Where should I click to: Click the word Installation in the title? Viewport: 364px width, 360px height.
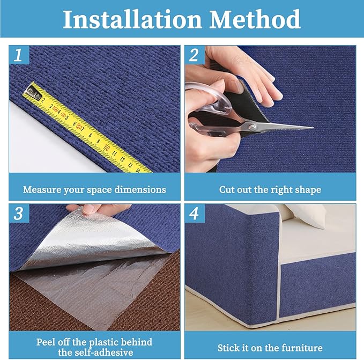click(x=131, y=19)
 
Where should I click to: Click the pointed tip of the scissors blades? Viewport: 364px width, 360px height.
click(x=311, y=128)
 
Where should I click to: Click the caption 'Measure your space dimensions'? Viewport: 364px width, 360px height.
click(x=94, y=190)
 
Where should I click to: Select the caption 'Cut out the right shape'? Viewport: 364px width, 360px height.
click(x=270, y=190)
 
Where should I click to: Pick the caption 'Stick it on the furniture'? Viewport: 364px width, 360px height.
click(x=270, y=348)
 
